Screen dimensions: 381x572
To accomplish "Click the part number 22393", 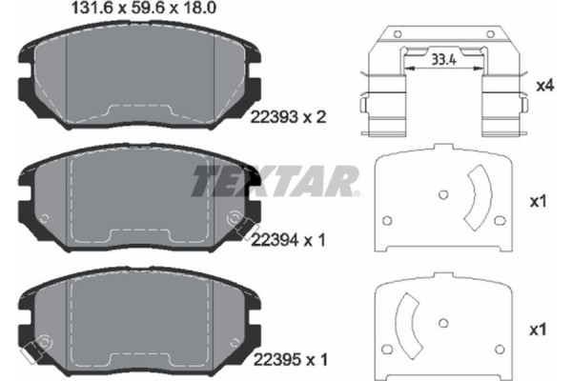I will coord(270,118).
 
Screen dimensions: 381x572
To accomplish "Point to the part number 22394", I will coord(270,241).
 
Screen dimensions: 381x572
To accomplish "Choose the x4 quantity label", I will coord(545,86).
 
